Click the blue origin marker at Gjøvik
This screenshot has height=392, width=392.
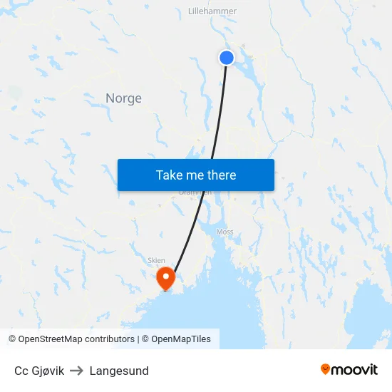[227, 58]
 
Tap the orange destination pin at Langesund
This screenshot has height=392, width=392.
[165, 277]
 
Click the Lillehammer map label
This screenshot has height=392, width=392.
[212, 11]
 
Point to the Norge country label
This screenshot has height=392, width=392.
[123, 98]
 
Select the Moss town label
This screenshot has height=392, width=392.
[225, 232]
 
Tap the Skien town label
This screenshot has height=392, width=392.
[155, 261]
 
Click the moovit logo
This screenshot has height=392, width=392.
[349, 369]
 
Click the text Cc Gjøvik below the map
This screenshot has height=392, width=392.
[39, 371]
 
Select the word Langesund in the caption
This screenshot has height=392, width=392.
[119, 371]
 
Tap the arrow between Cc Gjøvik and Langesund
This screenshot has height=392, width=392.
[77, 371]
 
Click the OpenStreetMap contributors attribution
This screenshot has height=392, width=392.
[76, 339]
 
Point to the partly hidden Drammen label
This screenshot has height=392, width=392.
[195, 192]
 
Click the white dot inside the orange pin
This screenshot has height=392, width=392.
[165, 274]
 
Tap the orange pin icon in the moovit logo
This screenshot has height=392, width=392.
[325, 369]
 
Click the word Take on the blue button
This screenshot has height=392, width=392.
[169, 175]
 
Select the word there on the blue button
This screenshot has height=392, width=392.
[221, 175]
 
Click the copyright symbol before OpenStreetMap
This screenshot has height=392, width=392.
[13, 339]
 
